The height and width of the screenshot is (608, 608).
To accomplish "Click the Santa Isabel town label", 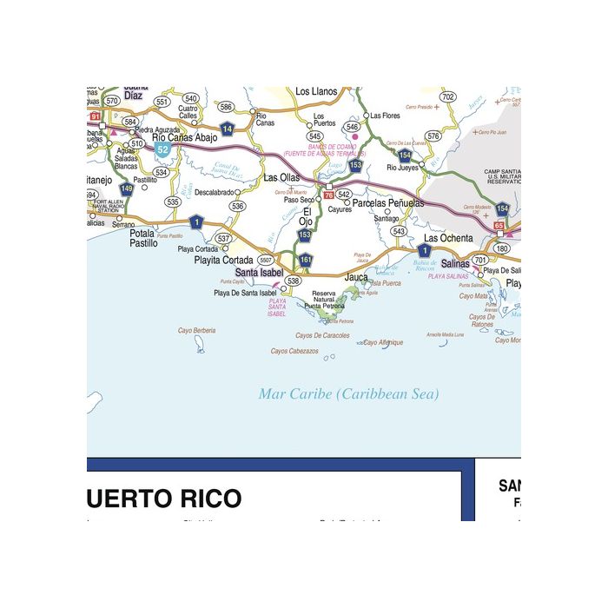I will [259, 273].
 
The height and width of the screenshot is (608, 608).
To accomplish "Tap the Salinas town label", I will [455, 263].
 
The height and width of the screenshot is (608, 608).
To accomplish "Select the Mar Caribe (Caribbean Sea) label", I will [348, 394].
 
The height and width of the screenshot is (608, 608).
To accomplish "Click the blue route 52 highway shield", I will [162, 149].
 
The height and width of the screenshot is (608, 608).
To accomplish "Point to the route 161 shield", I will [306, 260].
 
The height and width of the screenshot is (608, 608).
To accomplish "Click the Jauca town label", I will [357, 277].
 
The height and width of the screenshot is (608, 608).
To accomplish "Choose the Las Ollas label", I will [281, 177].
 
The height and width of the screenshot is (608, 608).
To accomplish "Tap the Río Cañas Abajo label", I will [184, 137].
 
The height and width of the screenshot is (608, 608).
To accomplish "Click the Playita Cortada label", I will [224, 260].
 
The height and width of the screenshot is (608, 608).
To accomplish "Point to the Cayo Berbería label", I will [196, 330].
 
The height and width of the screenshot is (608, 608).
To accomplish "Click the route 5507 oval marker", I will [266, 260].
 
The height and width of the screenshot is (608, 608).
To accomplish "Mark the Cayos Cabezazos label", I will [294, 352].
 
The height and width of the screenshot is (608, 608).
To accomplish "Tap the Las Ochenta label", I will [448, 238].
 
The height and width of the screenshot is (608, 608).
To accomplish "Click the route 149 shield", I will [127, 188].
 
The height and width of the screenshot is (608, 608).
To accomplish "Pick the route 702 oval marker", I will [447, 96].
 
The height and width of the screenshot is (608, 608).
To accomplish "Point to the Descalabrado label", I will [214, 192].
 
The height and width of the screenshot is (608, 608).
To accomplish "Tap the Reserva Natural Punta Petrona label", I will [323, 300].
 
